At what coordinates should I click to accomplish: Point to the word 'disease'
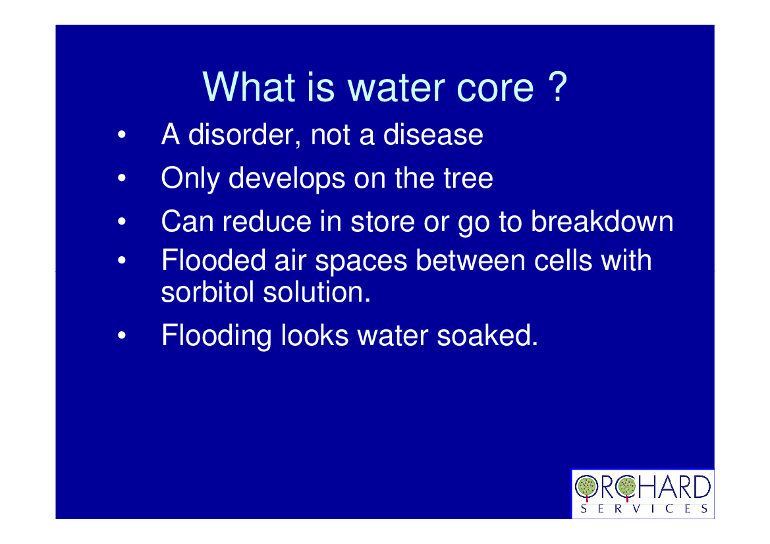click(433, 134)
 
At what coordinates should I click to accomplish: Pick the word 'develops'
click(287, 178)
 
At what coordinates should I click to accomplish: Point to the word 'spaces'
click(361, 261)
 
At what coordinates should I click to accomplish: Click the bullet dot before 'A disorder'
click(122, 134)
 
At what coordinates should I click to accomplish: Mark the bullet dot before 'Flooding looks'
click(122, 336)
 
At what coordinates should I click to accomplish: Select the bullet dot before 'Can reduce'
click(122, 221)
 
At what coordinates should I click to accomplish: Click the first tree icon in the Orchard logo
click(586, 487)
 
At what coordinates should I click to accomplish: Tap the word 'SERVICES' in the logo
click(644, 508)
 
